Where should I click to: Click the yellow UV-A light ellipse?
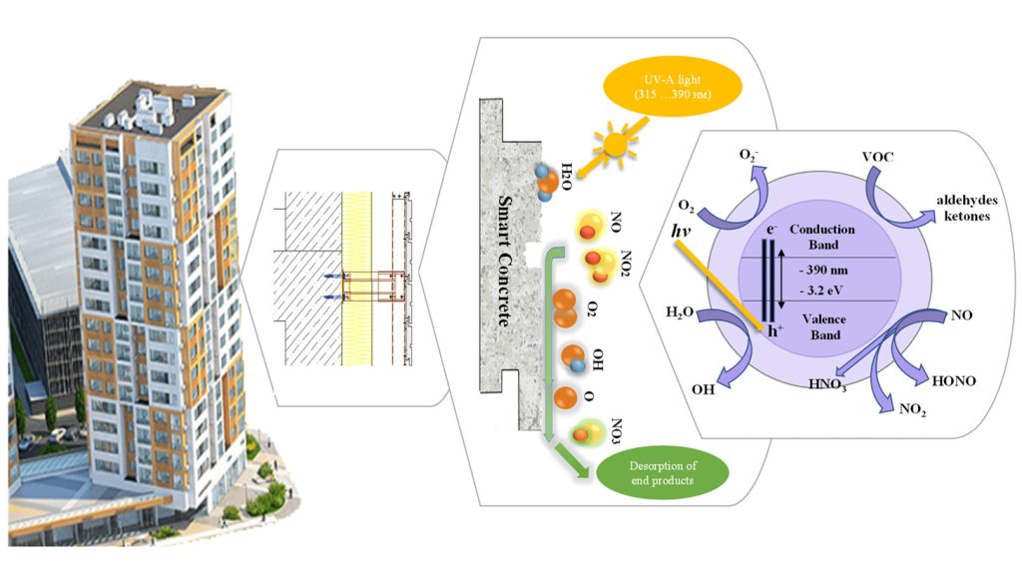(673, 87)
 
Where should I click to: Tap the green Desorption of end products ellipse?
(663, 473)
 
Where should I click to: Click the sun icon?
(614, 143)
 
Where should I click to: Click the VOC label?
(877, 157)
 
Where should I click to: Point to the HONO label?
(953, 381)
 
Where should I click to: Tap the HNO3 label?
(827, 384)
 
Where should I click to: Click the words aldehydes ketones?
(966, 208)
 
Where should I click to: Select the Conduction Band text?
(822, 237)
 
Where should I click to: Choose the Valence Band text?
(824, 326)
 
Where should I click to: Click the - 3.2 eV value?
(821, 291)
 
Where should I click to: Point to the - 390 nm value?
(823, 270)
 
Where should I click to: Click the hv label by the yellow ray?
(681, 231)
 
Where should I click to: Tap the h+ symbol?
(774, 330)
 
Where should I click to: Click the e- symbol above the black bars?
(771, 229)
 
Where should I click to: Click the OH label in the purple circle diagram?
(704, 389)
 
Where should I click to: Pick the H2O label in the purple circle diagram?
(679, 313)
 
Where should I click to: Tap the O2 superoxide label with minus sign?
(749, 156)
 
